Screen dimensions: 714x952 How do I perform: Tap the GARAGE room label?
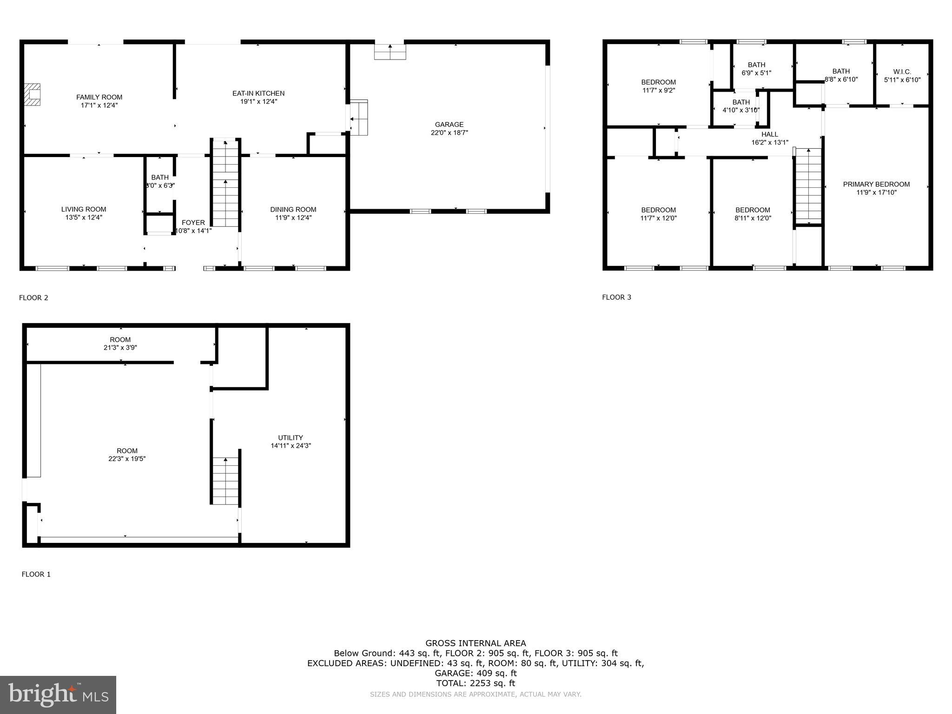449,125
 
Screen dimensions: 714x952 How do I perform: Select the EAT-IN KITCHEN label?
258,93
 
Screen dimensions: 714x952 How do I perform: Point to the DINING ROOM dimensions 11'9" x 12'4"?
293,218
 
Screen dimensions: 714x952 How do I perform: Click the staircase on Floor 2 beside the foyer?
225,184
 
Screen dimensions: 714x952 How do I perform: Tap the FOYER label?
193,223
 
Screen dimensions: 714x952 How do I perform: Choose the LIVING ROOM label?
84,210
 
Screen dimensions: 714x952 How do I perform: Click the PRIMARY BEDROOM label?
876,185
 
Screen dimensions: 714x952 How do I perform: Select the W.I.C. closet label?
902,72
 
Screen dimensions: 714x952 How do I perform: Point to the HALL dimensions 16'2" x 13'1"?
770,143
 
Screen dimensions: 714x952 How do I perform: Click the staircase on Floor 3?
809,186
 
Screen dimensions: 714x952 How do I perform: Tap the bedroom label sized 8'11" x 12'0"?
753,210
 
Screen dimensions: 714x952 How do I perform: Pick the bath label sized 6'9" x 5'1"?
756,65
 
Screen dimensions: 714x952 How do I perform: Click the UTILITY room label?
291,438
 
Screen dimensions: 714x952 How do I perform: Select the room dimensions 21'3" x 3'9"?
120,348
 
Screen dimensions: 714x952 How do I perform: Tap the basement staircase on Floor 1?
225,481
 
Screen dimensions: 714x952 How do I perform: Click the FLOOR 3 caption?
616,297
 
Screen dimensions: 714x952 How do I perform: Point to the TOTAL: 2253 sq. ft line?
476,683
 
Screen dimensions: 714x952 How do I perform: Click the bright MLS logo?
58,695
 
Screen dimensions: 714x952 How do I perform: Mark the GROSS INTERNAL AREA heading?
476,643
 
